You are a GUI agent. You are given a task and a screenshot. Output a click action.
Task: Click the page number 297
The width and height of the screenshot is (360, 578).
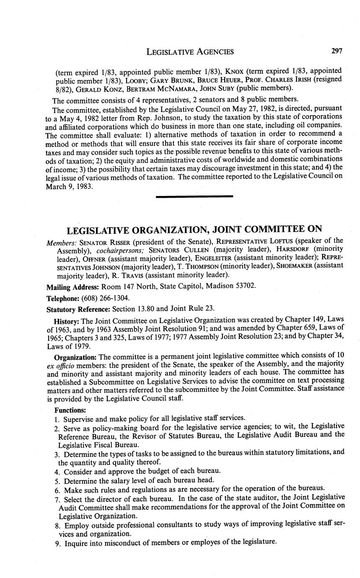[337, 51]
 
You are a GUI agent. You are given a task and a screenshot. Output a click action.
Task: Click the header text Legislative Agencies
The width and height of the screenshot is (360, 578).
[190, 52]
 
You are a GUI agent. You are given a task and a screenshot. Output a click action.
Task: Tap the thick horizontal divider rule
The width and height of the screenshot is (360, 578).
[194, 196]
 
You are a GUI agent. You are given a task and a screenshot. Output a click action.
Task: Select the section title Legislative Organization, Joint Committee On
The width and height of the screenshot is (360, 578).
[194, 229]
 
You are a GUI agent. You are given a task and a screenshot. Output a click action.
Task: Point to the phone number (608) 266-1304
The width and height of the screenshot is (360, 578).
[101, 298]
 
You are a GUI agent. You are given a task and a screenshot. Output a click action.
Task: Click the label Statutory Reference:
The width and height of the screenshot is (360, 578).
[78, 309]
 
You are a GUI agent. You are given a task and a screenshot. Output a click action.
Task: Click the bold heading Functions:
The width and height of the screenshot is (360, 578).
[70, 410]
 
